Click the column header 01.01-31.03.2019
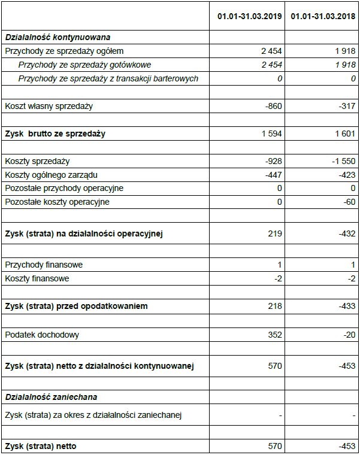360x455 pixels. (250, 16)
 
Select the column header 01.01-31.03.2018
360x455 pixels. (323, 16)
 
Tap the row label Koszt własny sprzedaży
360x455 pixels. (49, 106)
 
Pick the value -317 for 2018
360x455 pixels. (346, 106)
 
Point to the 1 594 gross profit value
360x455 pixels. (271, 134)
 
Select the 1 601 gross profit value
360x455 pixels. (345, 134)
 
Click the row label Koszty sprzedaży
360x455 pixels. (37, 161)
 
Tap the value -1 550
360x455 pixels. (343, 161)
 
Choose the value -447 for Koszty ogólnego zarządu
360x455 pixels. (273, 175)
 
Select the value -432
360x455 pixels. (346, 233)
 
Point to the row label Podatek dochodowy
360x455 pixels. (42, 335)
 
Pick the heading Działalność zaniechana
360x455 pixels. (51, 396)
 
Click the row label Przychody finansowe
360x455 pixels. (44, 265)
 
